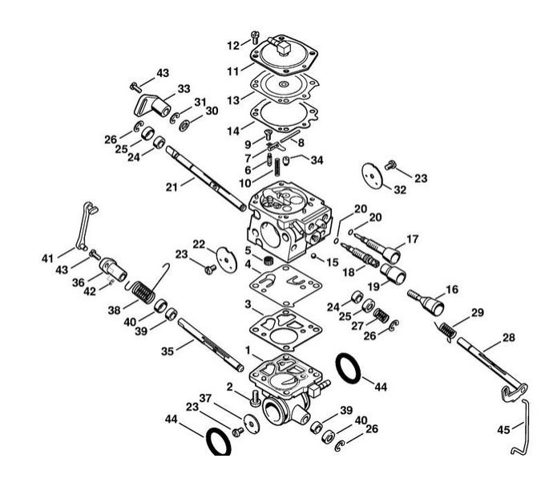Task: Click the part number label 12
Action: pyautogui.click(x=233, y=44)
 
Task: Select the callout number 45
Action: pyautogui.click(x=503, y=430)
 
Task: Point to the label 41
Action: pyautogui.click(x=48, y=258)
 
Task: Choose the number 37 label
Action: pyautogui.click(x=205, y=399)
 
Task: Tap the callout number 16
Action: pyautogui.click(x=452, y=288)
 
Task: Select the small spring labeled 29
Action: pyautogui.click(x=446, y=329)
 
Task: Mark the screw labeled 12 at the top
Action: pyautogui.click(x=255, y=35)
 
